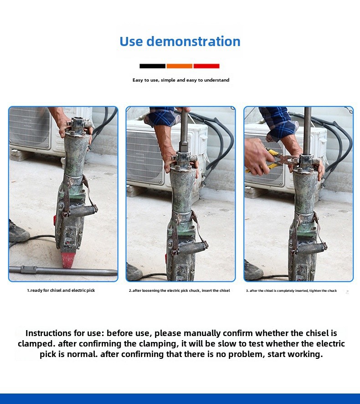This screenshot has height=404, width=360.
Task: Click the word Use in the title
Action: pyautogui.click(x=131, y=41)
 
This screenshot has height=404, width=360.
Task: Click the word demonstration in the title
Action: pyautogui.click(x=193, y=41)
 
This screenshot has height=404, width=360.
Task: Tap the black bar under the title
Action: pyautogui.click(x=153, y=66)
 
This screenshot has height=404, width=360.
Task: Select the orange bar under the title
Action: pyautogui.click(x=180, y=66)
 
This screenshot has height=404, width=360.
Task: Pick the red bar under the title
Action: pyautogui.click(x=206, y=66)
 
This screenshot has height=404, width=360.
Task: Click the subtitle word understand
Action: pyautogui.click(x=216, y=80)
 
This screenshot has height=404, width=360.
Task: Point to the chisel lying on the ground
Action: pyautogui.click(x=63, y=270)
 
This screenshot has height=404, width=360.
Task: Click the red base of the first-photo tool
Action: pyautogui.click(x=70, y=260)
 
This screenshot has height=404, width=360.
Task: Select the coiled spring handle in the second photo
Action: pyautogui.click(x=192, y=249)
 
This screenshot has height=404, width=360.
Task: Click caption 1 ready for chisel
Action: pyautogui.click(x=61, y=290)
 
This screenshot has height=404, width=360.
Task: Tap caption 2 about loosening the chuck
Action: pyautogui.click(x=180, y=290)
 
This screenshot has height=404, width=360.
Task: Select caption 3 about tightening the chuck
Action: pyautogui.click(x=291, y=290)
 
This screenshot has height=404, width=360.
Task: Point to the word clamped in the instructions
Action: pyautogui.click(x=36, y=344)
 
